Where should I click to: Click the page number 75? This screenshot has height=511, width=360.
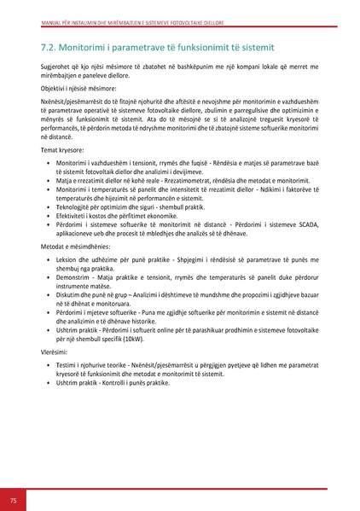[x=13, y=498]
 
